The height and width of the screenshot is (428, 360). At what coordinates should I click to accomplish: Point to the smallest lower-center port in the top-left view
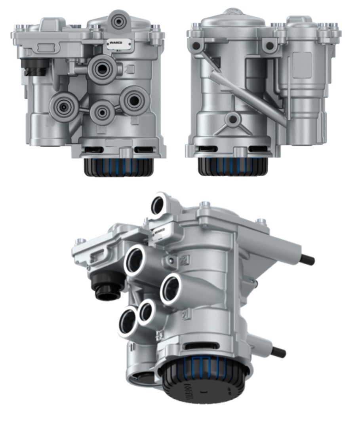click(102, 112)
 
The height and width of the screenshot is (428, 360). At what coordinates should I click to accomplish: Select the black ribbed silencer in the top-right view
click(232, 166)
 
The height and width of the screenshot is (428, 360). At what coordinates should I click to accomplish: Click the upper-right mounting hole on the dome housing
click(270, 46)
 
